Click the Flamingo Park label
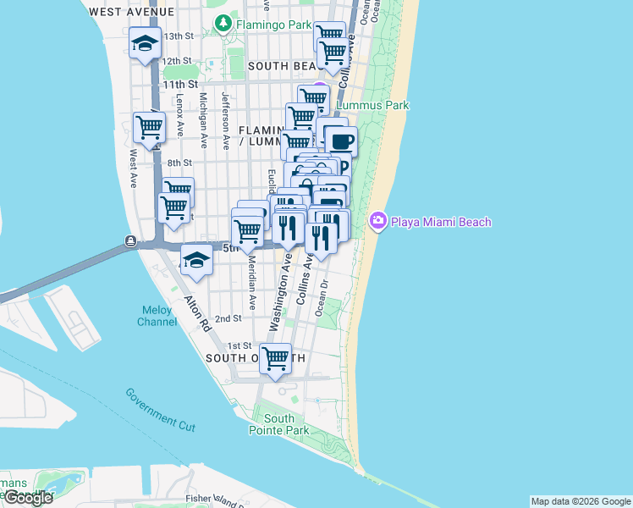point(274,25)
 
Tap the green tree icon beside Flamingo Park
point(224,25)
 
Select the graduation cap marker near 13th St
point(146,44)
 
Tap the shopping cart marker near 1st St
point(276,359)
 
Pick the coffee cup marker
point(341,141)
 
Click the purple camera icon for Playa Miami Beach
point(377,222)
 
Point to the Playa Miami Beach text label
point(440,222)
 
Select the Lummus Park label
point(373,106)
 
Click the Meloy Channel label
point(157,315)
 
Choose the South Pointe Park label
point(278,424)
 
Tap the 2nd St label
point(228,318)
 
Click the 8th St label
point(179,163)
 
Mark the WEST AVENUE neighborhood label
point(131,12)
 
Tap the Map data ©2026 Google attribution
point(581,501)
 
